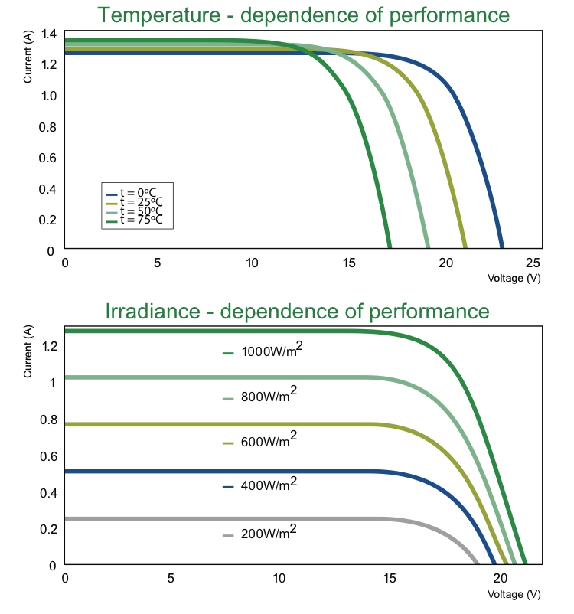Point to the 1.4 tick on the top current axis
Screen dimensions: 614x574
pos(49,33)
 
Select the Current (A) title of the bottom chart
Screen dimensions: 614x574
pos(28,351)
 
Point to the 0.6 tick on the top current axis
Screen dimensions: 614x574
pos(49,158)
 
